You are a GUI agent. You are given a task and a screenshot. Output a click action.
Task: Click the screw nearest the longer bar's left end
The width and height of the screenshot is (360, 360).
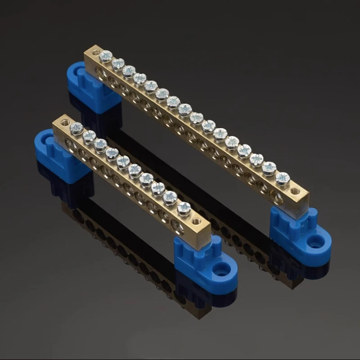click(x=106, y=56)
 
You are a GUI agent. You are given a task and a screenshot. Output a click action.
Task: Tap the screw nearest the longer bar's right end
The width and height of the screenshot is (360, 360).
click(x=283, y=179)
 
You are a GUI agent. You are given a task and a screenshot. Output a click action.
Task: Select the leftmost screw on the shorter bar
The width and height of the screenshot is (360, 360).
click(x=76, y=128)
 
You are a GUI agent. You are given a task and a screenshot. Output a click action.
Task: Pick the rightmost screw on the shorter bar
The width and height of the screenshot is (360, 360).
click(x=184, y=208)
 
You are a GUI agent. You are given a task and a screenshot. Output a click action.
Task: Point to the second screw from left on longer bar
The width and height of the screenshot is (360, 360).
click(x=118, y=64)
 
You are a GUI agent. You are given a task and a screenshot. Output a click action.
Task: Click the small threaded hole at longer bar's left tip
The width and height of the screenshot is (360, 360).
click(x=94, y=53)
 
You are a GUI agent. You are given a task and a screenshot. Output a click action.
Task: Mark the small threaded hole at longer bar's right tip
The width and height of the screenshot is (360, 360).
click(x=296, y=191)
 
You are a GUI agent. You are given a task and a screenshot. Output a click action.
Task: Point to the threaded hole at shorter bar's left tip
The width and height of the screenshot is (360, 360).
click(x=65, y=122)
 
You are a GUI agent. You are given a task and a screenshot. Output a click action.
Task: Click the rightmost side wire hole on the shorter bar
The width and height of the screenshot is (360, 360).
click(x=178, y=227)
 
